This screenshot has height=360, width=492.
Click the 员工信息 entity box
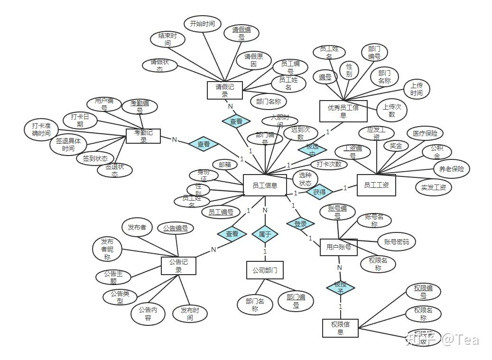pyautogui.click(x=265, y=185)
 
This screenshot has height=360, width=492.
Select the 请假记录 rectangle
pyautogui.click(x=225, y=90)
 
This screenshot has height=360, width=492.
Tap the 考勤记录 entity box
pyautogui.click(x=143, y=136)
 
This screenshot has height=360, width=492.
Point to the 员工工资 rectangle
pyautogui.click(x=376, y=185)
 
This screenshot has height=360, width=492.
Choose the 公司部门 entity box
pyautogui.click(x=265, y=270)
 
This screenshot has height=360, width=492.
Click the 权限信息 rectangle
pyautogui.click(x=340, y=328)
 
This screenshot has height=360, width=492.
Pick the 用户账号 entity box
pyautogui.click(x=339, y=247)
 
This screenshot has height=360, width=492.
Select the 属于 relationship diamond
pyautogui.click(x=265, y=233)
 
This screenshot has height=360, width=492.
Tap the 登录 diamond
pyautogui.click(x=300, y=223)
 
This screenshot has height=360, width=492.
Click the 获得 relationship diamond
pyautogui.click(x=319, y=192)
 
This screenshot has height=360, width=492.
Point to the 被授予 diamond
pyautogui.click(x=340, y=286)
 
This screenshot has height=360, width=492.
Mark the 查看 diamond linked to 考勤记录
pyautogui.click(x=204, y=144)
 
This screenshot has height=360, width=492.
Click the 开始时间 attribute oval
pyautogui.click(x=202, y=23)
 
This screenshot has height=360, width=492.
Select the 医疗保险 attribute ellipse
pyautogui.click(x=425, y=134)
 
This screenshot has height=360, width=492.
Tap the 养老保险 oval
pyautogui.click(x=451, y=168)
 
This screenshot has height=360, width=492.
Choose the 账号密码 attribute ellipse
pyautogui.click(x=396, y=241)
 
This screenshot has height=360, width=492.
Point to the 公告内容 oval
pyautogui.click(x=148, y=314)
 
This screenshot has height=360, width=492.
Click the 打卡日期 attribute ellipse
pyautogui.click(x=80, y=120)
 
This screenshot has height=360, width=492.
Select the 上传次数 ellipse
pyautogui.click(x=391, y=111)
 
